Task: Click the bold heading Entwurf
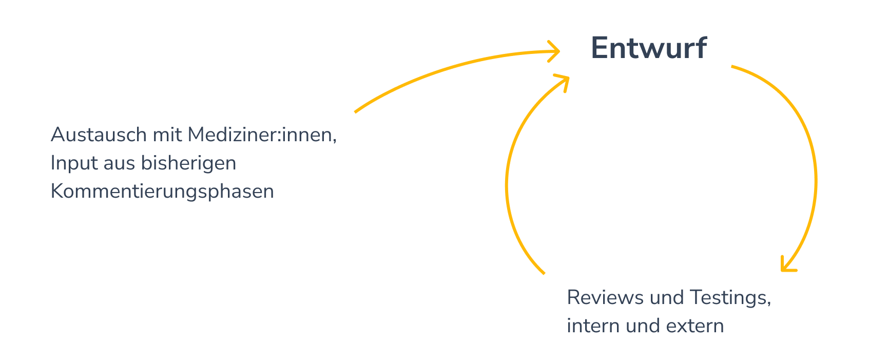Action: pyautogui.click(x=649, y=48)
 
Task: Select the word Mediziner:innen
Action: pyautogui.click(x=262, y=135)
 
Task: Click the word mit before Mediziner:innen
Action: pyautogui.click(x=167, y=135)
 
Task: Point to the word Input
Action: pyautogui.click(x=74, y=163)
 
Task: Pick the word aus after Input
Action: pyautogui.click(x=119, y=163)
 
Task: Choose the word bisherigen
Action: pyautogui.click(x=188, y=163)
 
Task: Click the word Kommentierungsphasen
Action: pyautogui.click(x=162, y=192)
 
